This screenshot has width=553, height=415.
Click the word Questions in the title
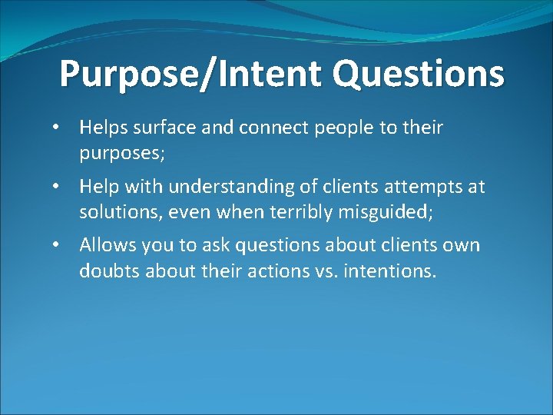coord(419,75)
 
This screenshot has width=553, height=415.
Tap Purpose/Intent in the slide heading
coord(190,75)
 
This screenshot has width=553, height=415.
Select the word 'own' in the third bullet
coord(464,246)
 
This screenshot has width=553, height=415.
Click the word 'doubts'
coord(106,271)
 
